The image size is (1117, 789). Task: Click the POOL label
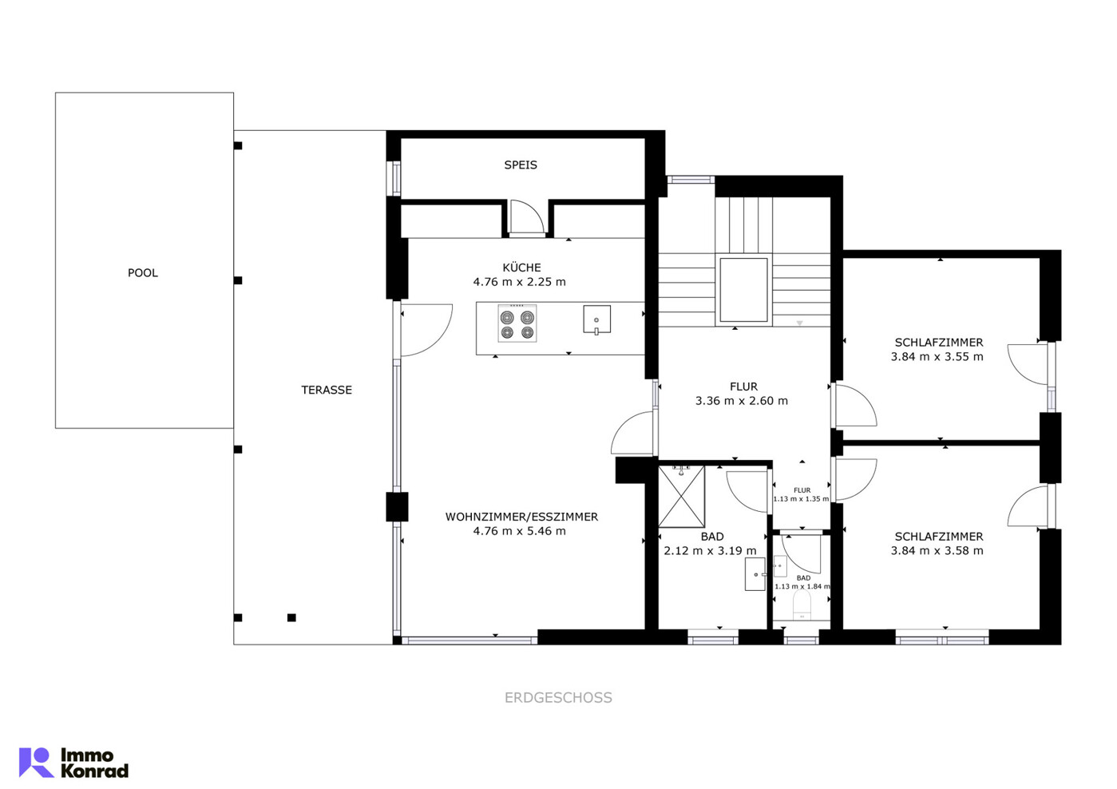(x=143, y=273)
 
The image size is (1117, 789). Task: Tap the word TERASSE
(x=327, y=390)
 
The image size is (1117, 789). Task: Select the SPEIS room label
(x=521, y=165)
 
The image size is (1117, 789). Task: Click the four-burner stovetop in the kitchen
(x=517, y=323)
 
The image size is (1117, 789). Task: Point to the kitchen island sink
(x=597, y=319)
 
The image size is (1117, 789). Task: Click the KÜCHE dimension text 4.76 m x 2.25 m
(x=520, y=282)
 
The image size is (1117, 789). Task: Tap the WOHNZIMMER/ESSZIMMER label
(x=521, y=517)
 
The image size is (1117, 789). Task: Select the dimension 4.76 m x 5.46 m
(x=520, y=531)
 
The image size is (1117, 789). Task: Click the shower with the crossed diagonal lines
(x=681, y=497)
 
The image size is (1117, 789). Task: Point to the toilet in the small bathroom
(x=802, y=605)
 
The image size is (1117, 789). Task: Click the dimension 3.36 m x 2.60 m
(x=742, y=401)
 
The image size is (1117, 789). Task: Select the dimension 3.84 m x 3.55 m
(x=937, y=357)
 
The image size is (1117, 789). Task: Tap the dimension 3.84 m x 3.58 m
(x=937, y=551)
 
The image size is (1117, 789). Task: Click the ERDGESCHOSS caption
(x=559, y=698)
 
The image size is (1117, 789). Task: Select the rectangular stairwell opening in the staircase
(x=743, y=290)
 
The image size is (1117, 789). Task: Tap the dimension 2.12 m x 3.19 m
(x=710, y=551)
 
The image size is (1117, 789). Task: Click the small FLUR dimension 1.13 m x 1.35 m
(x=802, y=499)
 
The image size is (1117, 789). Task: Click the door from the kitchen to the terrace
(x=426, y=330)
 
